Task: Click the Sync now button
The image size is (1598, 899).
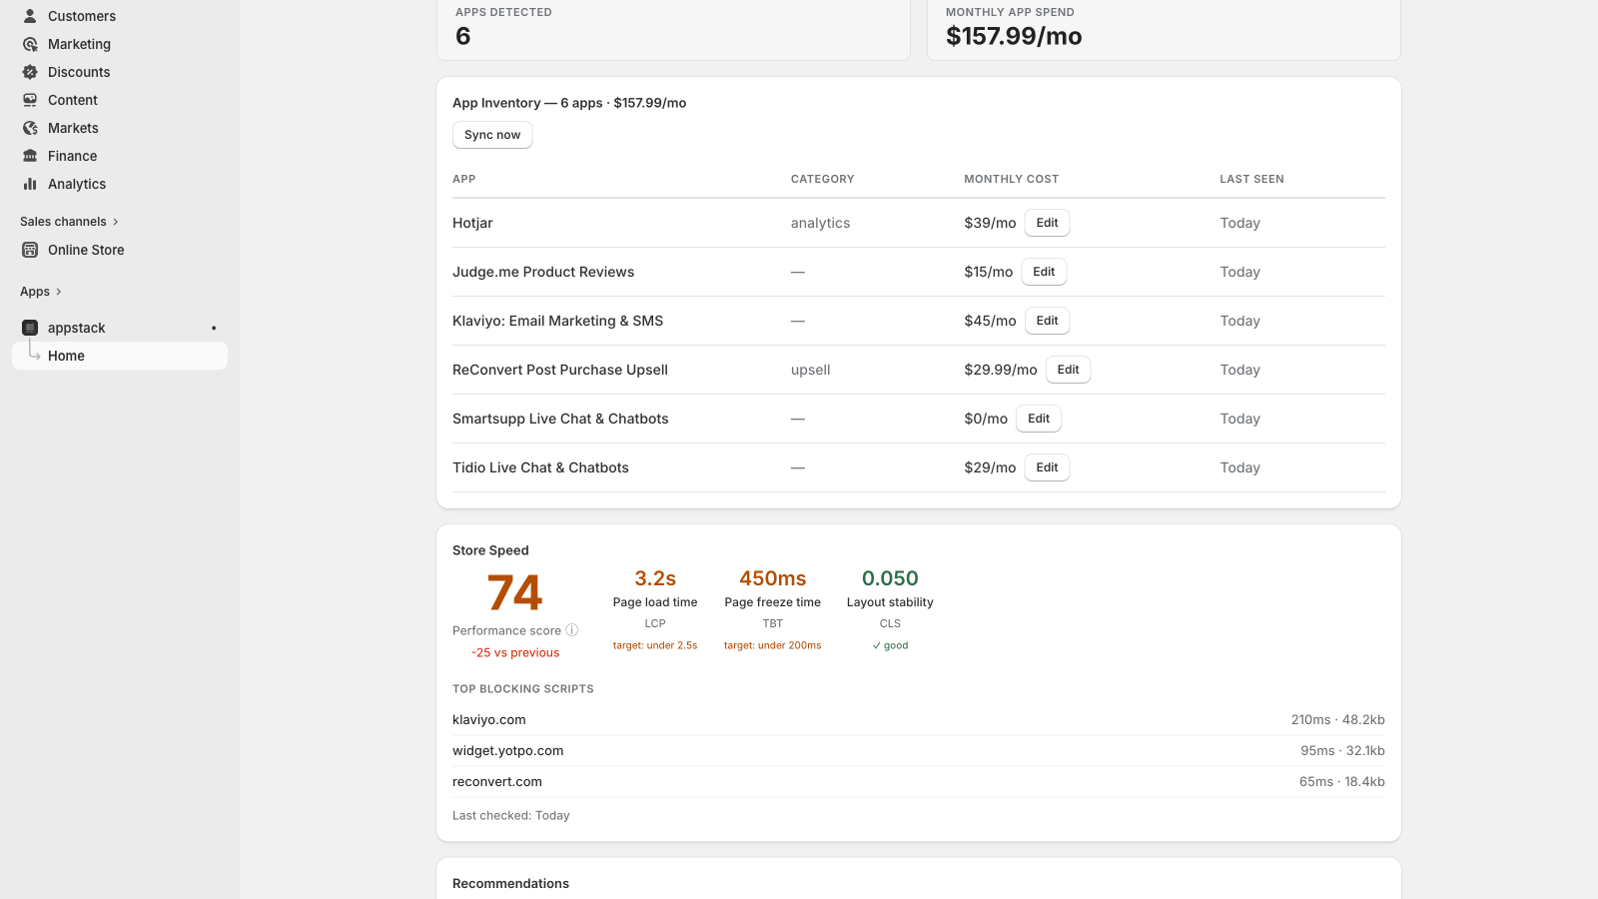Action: tap(492, 135)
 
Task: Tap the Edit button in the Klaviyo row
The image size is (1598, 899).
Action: tap(1047, 321)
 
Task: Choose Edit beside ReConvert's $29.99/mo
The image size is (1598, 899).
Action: tap(1068, 370)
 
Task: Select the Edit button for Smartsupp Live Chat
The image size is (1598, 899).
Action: tap(1038, 419)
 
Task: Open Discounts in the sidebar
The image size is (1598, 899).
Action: tap(79, 72)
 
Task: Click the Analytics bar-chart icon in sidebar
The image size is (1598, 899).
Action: tap(30, 184)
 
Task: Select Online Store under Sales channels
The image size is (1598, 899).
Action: tap(86, 250)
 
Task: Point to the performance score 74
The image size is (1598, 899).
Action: tap(514, 592)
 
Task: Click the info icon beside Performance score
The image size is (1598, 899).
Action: tap(571, 630)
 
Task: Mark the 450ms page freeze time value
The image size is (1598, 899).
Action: tap(773, 578)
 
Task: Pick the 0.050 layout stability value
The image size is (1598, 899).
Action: tap(890, 578)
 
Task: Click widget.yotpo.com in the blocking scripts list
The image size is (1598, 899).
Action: tap(508, 750)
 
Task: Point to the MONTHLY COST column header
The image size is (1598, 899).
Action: tap(1011, 179)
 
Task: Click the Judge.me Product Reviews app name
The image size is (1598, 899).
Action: tap(543, 272)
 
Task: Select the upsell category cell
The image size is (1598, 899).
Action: tap(810, 370)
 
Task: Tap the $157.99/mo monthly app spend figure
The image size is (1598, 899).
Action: tap(1014, 36)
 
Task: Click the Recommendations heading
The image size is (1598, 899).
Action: tap(510, 883)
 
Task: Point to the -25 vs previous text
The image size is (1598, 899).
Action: tap(515, 653)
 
